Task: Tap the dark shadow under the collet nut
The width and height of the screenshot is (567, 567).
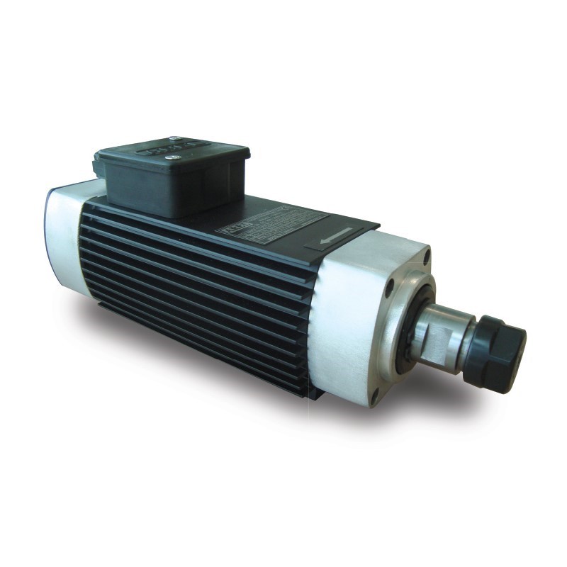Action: (489, 397)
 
